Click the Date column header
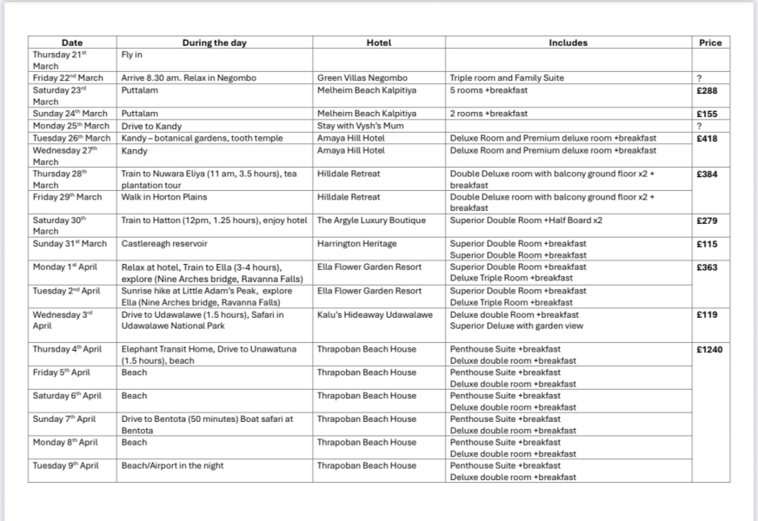pos(72,43)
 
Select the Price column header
pos(710,43)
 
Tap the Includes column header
pos(568,43)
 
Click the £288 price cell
pos(707,89)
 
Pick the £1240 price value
pos(709,349)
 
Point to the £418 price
pos(707,138)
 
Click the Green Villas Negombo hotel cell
pos(362,78)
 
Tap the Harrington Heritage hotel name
pos(356,244)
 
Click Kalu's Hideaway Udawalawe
pos(374,314)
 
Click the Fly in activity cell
pos(131,54)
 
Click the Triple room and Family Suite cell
pos(507,78)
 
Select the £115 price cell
pos(707,244)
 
